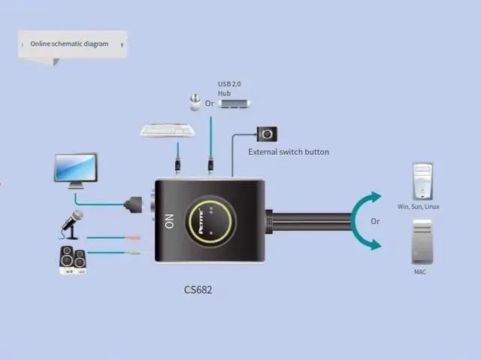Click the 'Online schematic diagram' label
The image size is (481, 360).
pos(69,44)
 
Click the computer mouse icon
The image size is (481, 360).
pos(195,102)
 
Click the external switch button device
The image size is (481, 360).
pos(268,135)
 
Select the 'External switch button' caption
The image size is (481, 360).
pos(289,152)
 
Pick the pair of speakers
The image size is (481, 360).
pos(72,260)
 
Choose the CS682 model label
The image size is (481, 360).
pos(198,289)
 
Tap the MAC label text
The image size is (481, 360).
pos(419,271)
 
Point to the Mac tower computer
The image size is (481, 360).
pos(422,241)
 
